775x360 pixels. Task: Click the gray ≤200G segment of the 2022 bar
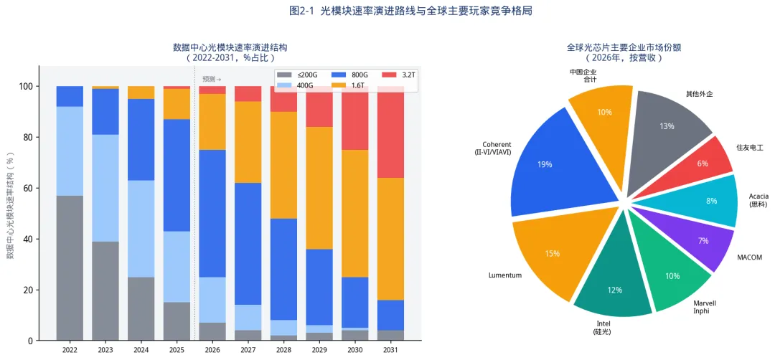(x=70, y=268)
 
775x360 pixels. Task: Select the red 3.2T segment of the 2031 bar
(x=390, y=132)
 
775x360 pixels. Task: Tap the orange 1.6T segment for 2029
(x=319, y=188)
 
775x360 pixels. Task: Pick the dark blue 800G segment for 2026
(x=212, y=213)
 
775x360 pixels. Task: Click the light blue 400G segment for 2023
(x=105, y=188)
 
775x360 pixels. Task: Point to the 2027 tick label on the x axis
(x=248, y=350)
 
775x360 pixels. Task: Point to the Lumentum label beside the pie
(x=505, y=275)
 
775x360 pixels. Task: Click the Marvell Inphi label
(x=705, y=307)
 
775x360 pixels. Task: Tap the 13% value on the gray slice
(x=667, y=126)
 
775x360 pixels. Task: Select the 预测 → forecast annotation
(x=212, y=79)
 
